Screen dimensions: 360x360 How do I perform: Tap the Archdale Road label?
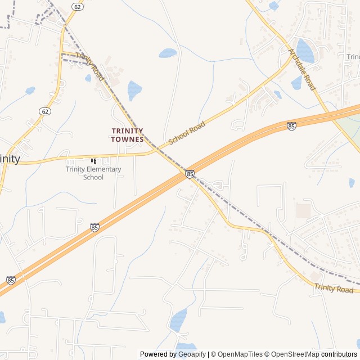pos(303,70)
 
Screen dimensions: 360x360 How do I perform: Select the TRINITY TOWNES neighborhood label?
pos(127,135)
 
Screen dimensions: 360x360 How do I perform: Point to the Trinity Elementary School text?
pos(93,173)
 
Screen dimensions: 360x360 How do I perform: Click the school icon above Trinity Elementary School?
pos(93,161)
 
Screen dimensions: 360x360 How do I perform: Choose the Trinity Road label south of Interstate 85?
pos(334,289)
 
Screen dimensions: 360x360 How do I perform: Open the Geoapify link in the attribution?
pos(192,354)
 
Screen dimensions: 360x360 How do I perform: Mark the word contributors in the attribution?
pos(340,354)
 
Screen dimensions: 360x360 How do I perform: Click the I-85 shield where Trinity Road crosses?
pos(190,175)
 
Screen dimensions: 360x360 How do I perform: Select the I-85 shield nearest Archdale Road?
pos(291,126)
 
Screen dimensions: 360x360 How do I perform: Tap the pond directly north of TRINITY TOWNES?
pos(134,89)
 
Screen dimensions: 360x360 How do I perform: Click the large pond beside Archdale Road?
pos(305,51)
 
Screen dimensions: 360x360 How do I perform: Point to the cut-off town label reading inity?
pos(10,159)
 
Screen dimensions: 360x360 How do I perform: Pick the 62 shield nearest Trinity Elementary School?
pos(45,111)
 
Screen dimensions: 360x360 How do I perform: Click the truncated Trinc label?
pos(353,57)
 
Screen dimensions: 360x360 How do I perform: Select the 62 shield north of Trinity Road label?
pos(78,6)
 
